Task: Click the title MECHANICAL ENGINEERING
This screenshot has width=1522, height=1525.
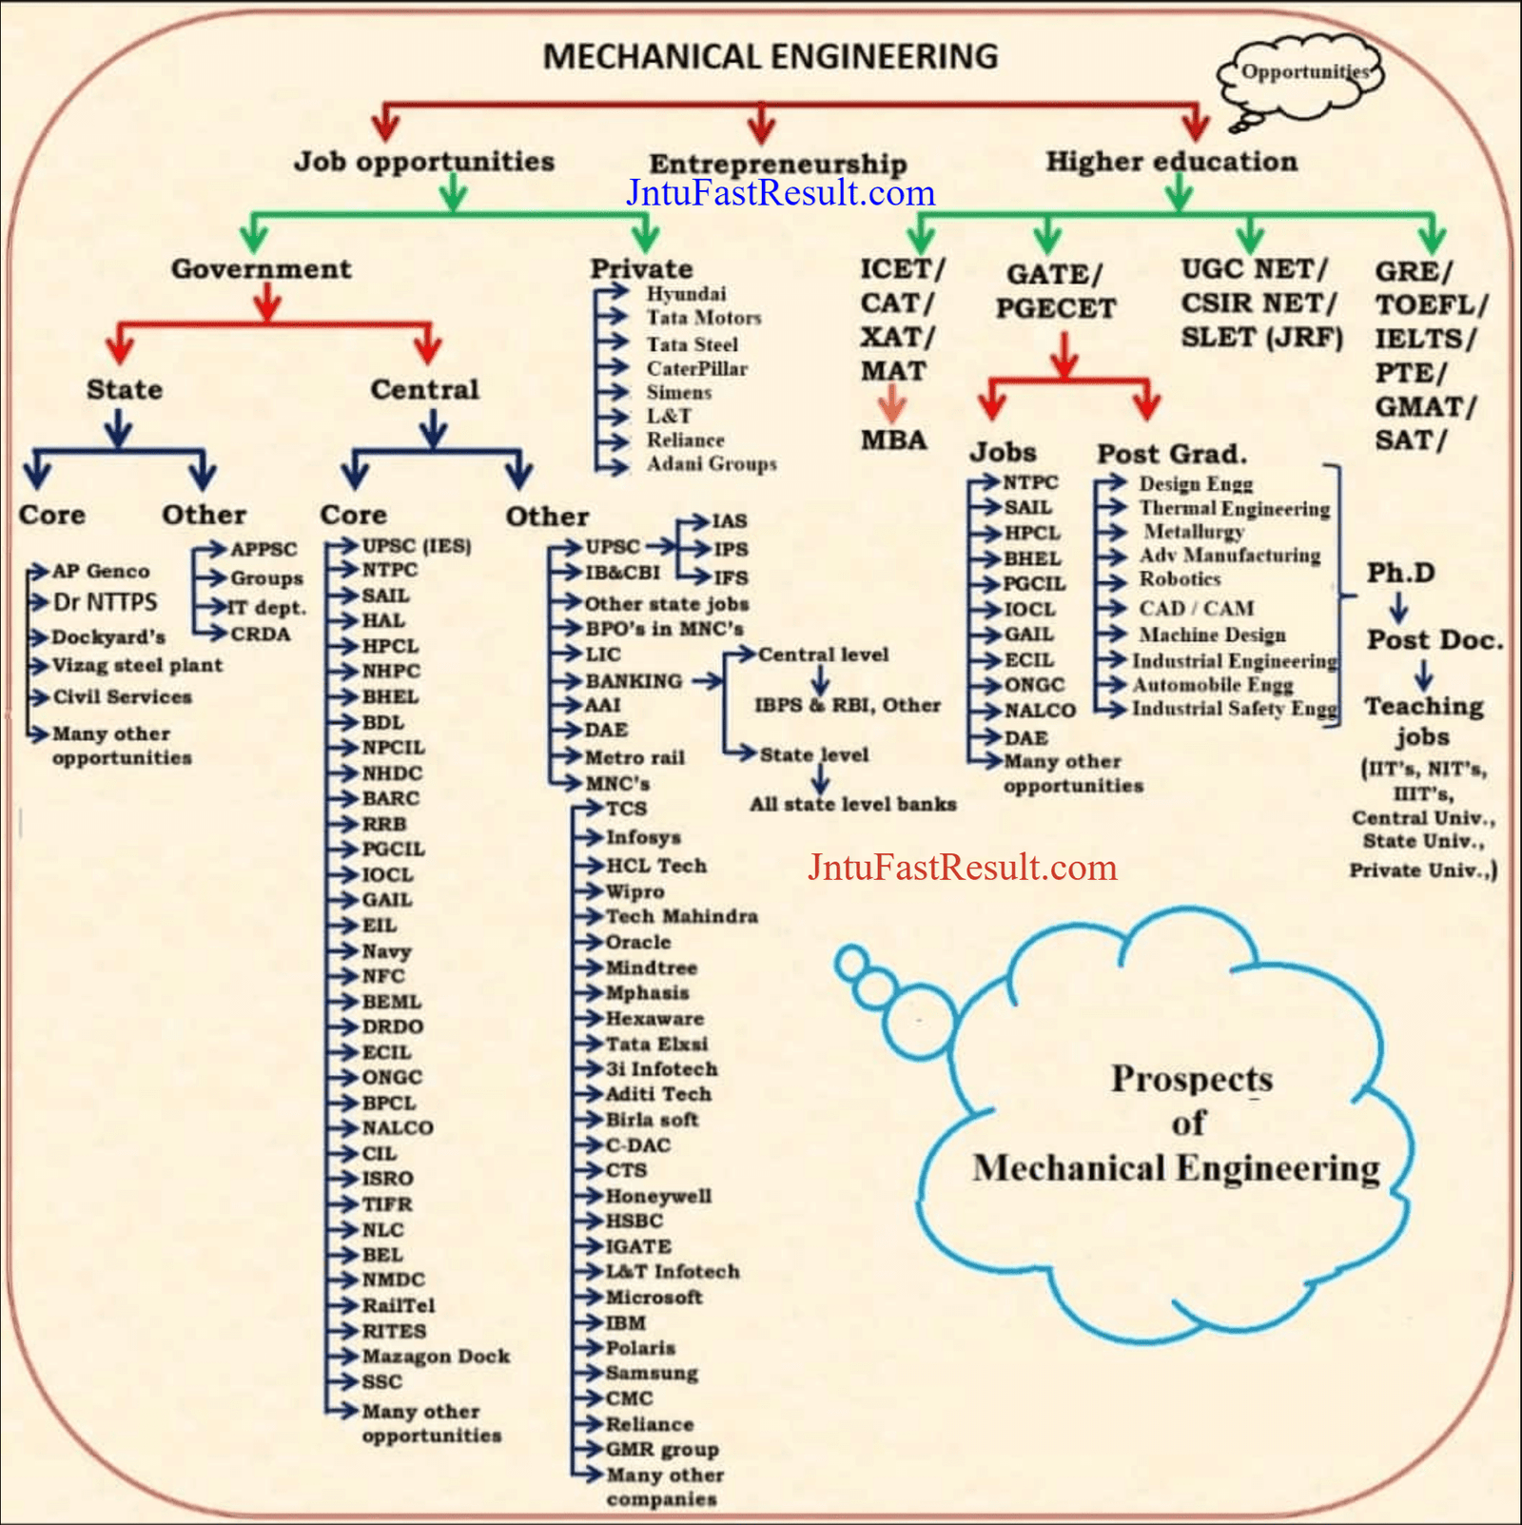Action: click(771, 57)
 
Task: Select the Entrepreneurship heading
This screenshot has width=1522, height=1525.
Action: click(778, 164)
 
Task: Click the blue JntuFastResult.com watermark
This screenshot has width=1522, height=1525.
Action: click(781, 193)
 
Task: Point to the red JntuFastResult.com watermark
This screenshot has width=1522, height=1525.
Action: click(963, 868)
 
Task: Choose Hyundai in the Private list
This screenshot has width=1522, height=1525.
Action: click(686, 293)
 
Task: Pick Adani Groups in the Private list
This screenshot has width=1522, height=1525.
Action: click(712, 464)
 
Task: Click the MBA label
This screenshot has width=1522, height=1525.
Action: click(893, 440)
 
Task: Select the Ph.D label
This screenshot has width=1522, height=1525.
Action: click(1400, 573)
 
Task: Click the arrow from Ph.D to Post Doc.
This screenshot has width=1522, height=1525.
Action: click(1398, 608)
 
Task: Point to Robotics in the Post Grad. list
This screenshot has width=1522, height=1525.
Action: click(1180, 579)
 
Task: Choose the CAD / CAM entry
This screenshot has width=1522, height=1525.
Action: click(1197, 609)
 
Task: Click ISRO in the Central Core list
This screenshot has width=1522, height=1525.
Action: click(387, 1179)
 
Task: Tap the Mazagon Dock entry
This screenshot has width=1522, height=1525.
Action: click(436, 1357)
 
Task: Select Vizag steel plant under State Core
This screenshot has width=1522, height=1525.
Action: click(137, 666)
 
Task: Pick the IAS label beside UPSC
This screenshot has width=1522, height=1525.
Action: click(730, 521)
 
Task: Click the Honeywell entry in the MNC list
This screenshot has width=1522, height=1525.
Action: click(658, 1197)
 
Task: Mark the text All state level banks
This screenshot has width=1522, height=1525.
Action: click(853, 805)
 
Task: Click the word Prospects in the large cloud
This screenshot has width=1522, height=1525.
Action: click(1192, 1080)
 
